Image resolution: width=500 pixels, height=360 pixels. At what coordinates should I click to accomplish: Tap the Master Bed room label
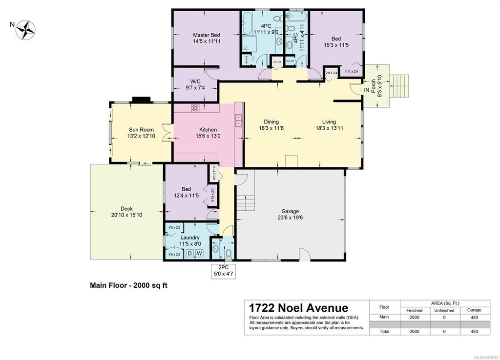206,38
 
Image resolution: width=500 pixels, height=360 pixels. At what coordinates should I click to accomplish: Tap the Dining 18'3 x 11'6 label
271,125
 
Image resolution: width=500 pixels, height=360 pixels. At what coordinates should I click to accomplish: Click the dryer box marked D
191,253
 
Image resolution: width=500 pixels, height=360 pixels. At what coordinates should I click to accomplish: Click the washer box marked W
200,253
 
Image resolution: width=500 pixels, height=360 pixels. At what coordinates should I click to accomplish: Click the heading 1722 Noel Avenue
298,307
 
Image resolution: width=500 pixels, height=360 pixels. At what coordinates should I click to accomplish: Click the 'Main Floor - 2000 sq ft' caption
128,286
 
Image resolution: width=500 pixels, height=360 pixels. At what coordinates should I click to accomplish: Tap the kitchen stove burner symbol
195,108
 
